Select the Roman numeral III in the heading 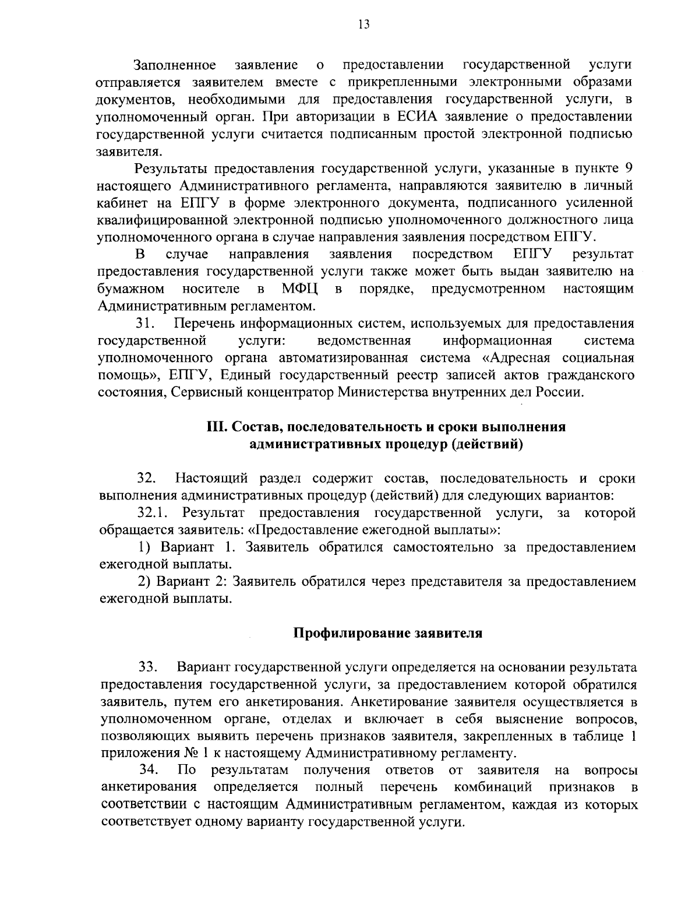point(217,427)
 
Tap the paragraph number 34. point(149,771)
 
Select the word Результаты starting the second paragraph point(170,169)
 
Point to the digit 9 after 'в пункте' point(628,169)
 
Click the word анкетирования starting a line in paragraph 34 point(148,787)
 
